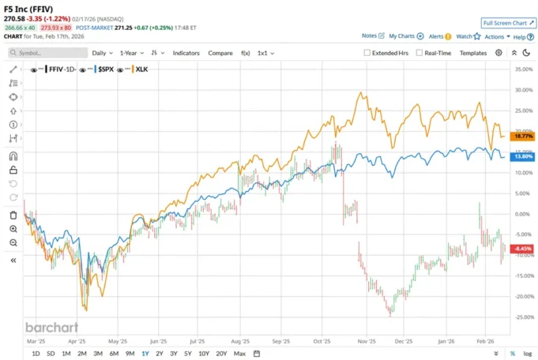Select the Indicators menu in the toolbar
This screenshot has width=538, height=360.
[x=186, y=53]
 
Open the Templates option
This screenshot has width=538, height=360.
[x=472, y=53]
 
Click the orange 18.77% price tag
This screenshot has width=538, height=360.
[x=524, y=136]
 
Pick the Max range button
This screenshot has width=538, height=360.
[x=239, y=353]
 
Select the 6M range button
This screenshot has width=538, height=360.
[x=114, y=353]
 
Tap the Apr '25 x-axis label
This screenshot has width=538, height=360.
[x=77, y=342]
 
